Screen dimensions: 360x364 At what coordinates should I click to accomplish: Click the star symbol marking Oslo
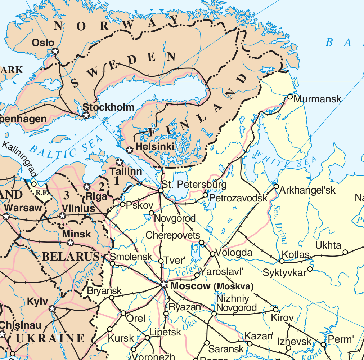[55, 51]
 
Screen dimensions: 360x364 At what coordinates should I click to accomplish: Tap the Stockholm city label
[108, 107]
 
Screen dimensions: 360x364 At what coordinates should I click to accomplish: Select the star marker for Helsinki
[130, 150]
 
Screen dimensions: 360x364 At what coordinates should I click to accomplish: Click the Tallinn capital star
[119, 162]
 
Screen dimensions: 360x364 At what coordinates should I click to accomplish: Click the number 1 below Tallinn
[116, 181]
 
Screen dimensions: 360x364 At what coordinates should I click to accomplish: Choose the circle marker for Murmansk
[290, 97]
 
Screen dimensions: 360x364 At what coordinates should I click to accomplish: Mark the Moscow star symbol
[164, 285]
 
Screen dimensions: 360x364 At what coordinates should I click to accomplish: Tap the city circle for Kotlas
[282, 261]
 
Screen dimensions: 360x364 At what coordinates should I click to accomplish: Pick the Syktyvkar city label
[284, 272]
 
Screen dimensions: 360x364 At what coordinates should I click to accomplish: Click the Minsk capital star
[71, 243]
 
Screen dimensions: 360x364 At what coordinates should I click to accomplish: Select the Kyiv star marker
[52, 309]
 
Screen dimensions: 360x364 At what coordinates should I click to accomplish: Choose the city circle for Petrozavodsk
[205, 195]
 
